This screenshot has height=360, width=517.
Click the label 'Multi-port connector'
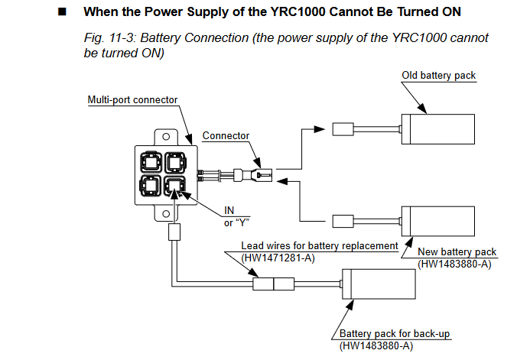coord(133,100)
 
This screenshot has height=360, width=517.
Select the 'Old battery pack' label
coord(439,76)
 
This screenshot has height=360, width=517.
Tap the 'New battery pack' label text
coord(457,251)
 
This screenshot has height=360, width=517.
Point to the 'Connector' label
coord(226,135)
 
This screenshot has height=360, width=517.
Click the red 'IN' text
coord(229,210)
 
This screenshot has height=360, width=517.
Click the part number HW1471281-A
coord(278,258)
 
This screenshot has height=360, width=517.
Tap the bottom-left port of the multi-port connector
coord(151,186)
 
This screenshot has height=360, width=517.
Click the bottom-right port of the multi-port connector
coord(174,186)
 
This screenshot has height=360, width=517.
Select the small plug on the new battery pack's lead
coord(341,222)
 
